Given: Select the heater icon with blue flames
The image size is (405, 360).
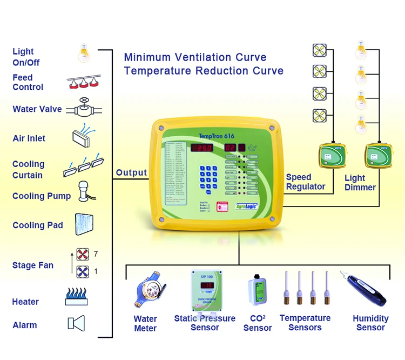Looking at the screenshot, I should [x=80, y=296].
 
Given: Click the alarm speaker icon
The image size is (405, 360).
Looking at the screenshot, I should [x=77, y=323].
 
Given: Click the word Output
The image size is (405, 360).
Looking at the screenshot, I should [x=131, y=173].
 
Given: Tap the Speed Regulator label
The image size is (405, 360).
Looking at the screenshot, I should [x=306, y=182].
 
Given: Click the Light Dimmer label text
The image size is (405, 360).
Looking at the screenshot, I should [x=360, y=182].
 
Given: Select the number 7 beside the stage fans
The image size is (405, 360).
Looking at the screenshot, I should [x=96, y=254].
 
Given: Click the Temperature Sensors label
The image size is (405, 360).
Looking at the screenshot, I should [x=305, y=323].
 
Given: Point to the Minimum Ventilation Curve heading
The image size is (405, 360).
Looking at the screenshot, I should [x=195, y=57].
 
